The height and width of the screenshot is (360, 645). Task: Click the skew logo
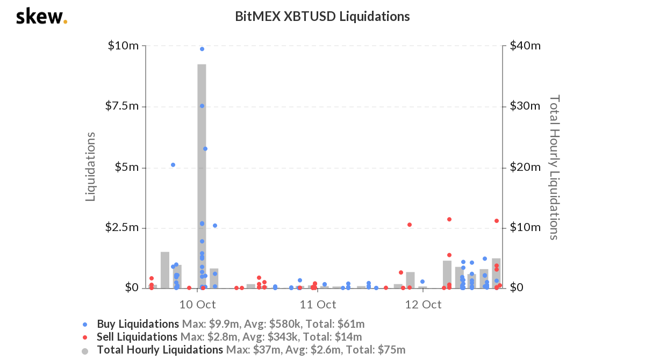tap(41, 17)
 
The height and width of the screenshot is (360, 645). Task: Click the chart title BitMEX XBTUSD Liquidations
tap(322, 17)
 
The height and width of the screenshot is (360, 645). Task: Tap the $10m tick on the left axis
tap(123, 46)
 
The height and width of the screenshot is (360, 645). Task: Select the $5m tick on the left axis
tap(127, 167)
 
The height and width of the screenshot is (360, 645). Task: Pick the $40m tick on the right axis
tap(524, 46)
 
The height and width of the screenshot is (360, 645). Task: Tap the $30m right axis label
tap(524, 106)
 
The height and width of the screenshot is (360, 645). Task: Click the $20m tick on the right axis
tap(524, 167)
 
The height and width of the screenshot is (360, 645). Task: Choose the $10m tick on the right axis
tap(524, 227)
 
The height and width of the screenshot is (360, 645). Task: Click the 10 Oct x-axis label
tap(197, 305)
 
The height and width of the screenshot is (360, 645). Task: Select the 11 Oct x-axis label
tap(318, 305)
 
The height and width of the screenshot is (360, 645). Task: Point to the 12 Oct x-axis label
tap(423, 305)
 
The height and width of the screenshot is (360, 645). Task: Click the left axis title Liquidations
tap(91, 167)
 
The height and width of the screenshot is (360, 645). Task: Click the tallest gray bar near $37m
tap(202, 177)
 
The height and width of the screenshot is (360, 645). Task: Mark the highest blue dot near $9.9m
tap(202, 49)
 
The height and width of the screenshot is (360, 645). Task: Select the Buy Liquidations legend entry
tap(138, 324)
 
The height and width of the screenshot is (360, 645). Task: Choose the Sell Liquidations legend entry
tap(137, 337)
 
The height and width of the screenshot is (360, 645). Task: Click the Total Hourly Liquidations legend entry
tap(160, 350)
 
